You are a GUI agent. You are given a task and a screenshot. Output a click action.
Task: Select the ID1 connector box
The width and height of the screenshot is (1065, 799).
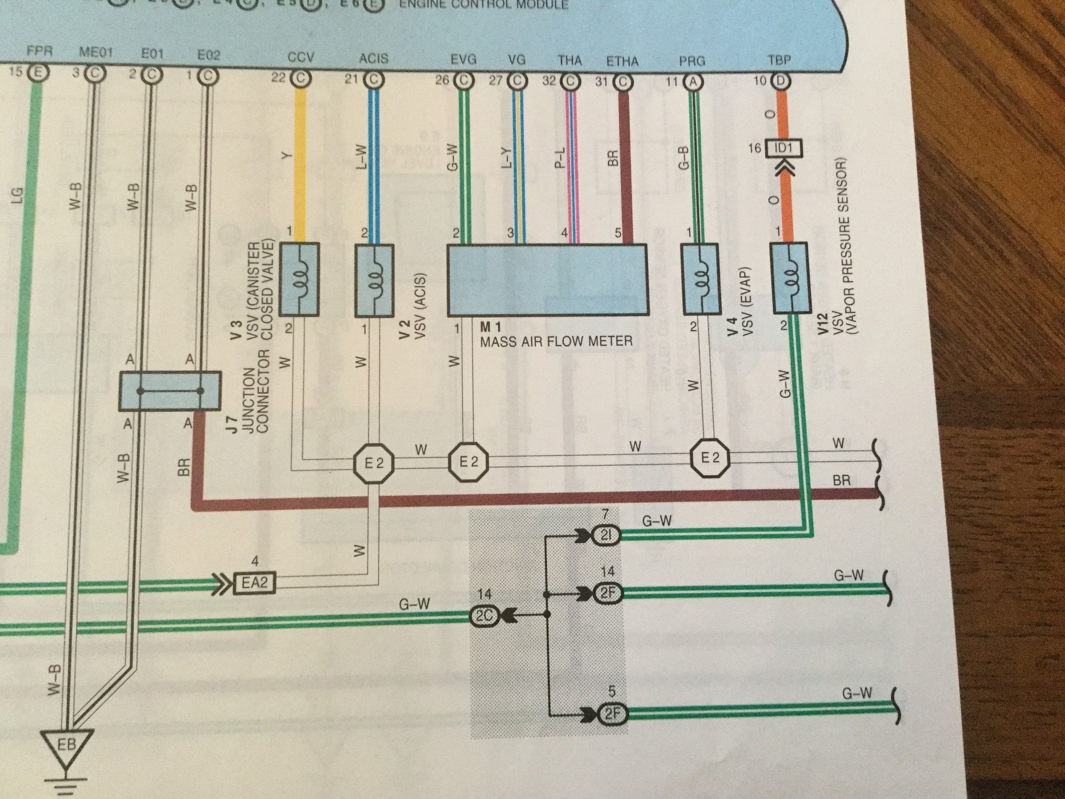pyautogui.click(x=783, y=148)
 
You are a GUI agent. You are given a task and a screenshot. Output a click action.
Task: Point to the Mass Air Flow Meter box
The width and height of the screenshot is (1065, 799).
pyautogui.click(x=547, y=280)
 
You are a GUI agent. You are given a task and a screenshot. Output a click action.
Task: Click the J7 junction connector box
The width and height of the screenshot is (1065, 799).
pyautogui.click(x=169, y=392)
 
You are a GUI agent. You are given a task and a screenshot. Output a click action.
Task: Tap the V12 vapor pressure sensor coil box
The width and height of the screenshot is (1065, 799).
pyautogui.click(x=791, y=279)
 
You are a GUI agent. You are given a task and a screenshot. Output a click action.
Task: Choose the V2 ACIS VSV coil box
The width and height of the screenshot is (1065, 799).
pyautogui.click(x=374, y=280)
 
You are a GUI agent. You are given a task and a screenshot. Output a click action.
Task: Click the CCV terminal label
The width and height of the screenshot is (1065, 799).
pyautogui.click(x=300, y=58)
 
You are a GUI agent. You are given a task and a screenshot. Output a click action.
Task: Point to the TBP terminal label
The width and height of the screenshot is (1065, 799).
pyautogui.click(x=779, y=60)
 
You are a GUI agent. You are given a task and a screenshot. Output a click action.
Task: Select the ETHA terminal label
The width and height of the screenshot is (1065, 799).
pyautogui.click(x=622, y=61)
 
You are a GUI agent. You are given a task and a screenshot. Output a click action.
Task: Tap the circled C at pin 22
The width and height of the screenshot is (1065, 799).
pyautogui.click(x=301, y=79)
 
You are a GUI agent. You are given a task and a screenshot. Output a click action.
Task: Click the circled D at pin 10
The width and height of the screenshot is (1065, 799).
pyautogui.click(x=780, y=81)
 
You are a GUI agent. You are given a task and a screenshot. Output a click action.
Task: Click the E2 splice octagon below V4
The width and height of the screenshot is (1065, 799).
pyautogui.click(x=710, y=458)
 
